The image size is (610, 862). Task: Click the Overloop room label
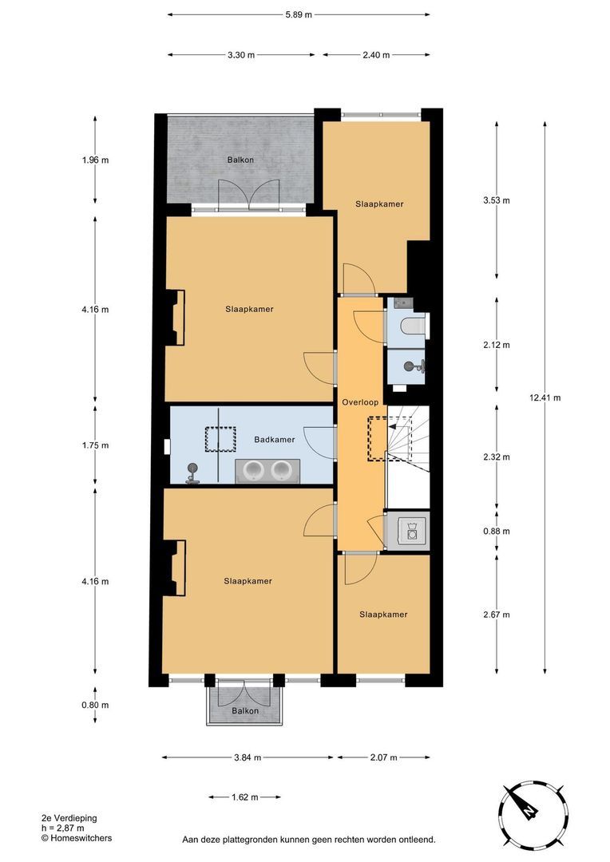(x=360, y=402)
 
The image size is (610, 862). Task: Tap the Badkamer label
(x=275, y=440)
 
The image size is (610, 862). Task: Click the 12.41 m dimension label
(x=545, y=397)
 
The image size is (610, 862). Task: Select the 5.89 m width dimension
(x=299, y=15)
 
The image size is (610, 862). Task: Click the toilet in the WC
(x=413, y=326)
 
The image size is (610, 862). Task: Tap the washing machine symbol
(x=412, y=531)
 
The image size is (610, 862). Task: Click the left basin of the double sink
(x=255, y=470)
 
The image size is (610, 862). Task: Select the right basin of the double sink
(x=281, y=470)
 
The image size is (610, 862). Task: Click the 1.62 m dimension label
(x=245, y=797)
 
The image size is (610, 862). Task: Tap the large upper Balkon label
(x=241, y=160)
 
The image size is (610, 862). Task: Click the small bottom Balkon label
(x=245, y=711)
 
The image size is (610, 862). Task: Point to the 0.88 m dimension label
(x=497, y=531)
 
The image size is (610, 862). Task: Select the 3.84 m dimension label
(x=247, y=757)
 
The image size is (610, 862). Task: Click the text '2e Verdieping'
(x=69, y=818)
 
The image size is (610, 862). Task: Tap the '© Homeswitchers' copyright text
(x=77, y=838)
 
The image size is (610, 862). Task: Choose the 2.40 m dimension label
(x=376, y=55)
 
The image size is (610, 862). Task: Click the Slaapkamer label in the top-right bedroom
(x=379, y=204)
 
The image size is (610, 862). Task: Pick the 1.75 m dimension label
(x=95, y=445)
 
